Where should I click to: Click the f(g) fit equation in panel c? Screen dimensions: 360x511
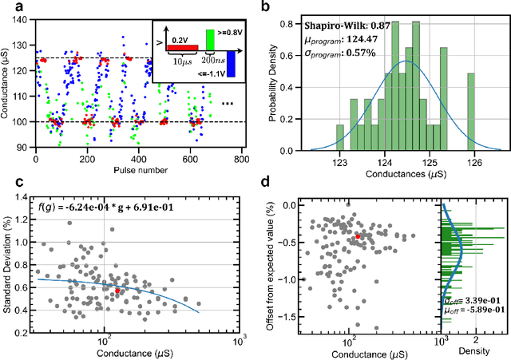[111, 210]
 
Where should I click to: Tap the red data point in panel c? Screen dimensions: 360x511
[117, 291]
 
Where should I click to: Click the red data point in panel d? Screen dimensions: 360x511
[358, 236]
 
